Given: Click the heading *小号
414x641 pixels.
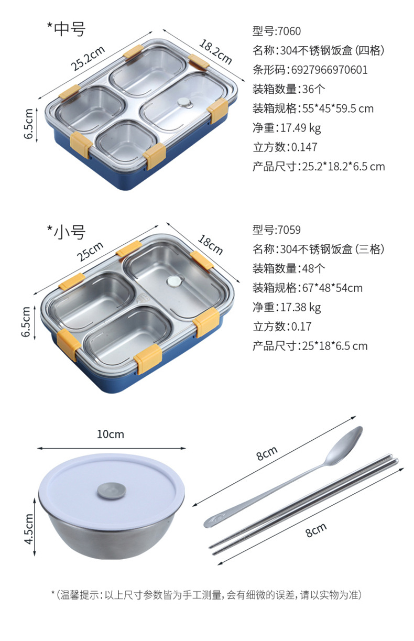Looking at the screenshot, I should [x=66, y=231].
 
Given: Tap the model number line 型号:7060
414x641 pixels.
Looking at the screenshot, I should [x=277, y=31].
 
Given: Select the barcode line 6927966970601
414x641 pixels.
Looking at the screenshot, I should [x=310, y=70].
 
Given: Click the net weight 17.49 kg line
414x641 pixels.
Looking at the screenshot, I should [x=287, y=128].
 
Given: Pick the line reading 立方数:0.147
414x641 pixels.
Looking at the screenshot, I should [x=285, y=147].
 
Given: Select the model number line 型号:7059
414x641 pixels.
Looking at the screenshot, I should [x=277, y=230].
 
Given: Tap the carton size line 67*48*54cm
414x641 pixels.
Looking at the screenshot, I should [x=308, y=288].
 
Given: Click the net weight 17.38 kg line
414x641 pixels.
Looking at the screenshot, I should [x=287, y=307].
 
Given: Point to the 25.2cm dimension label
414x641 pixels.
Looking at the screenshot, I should [x=88, y=58].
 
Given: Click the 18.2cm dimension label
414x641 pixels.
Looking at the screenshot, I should [x=215, y=52].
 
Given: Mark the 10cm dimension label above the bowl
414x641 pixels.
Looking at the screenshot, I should [x=111, y=434].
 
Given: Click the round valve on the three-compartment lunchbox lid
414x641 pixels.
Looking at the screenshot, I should [x=173, y=282].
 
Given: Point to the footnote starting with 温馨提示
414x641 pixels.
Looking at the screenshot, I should [x=206, y=594].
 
